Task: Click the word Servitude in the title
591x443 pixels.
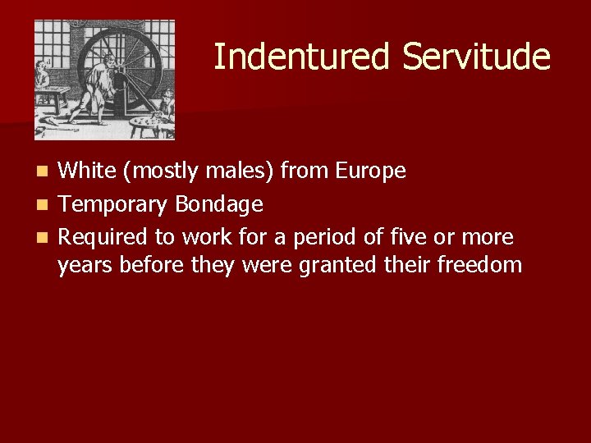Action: [476, 57]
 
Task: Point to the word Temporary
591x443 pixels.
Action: [113, 204]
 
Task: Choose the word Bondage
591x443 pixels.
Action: [219, 204]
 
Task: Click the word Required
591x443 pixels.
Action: [104, 238]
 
